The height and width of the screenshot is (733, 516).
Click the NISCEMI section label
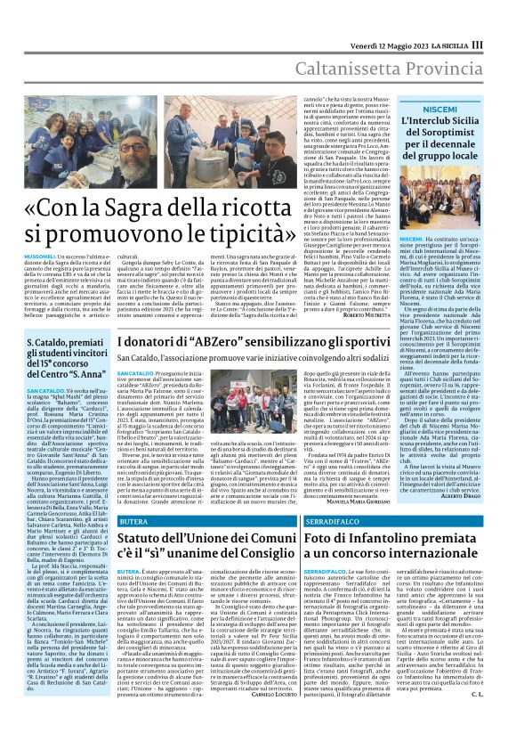[440, 105]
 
